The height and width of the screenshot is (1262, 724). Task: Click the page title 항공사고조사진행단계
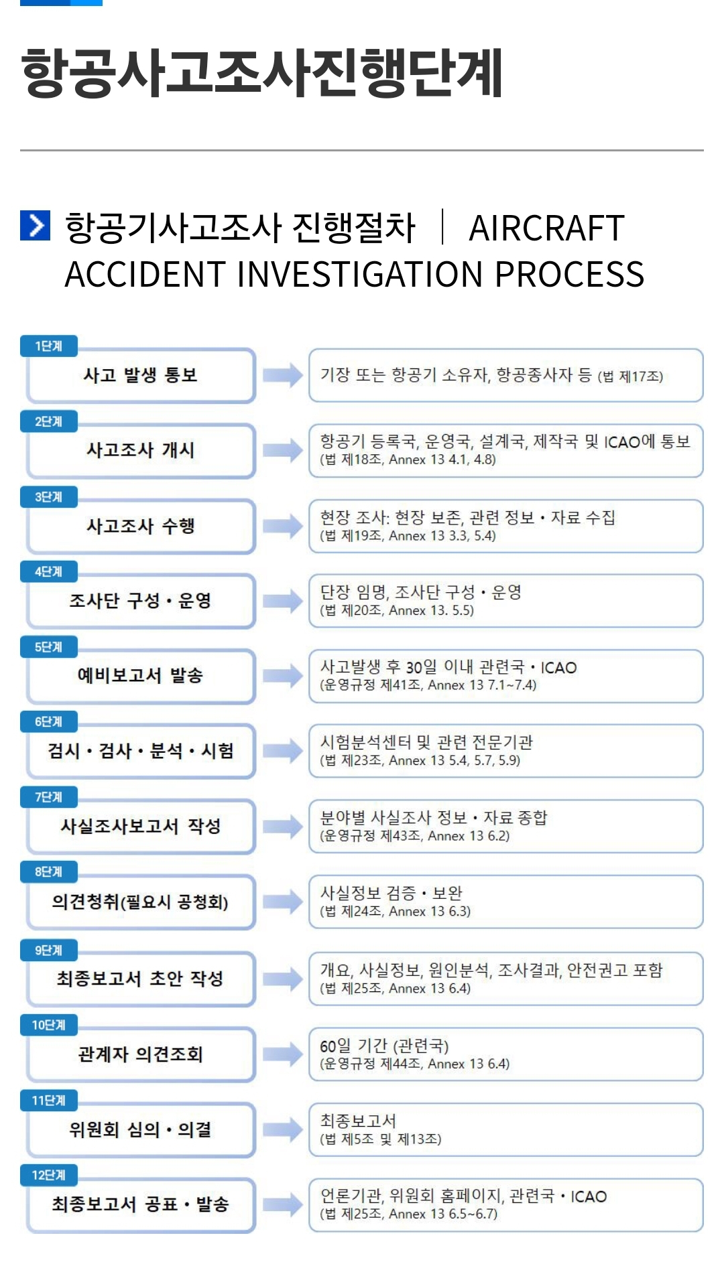point(261,72)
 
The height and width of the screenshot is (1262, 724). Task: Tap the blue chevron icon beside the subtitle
point(35,225)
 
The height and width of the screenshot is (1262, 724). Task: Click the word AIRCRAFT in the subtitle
point(546,228)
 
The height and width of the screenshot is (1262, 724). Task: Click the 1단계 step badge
point(49,346)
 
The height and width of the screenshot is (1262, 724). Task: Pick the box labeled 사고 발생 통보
point(141,375)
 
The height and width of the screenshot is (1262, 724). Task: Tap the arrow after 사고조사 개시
point(282,450)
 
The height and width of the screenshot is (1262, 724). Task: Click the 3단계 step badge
point(49,496)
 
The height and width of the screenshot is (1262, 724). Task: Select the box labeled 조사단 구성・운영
point(141,601)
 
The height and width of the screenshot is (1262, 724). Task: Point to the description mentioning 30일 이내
point(505,675)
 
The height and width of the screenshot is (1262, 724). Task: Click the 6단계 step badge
point(49,721)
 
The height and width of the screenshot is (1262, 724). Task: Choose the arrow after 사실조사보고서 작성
point(282,827)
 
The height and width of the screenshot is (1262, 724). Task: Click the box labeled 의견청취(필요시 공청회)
point(141,902)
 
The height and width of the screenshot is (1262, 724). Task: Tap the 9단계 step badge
point(49,950)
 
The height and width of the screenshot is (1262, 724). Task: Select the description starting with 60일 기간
point(505,1054)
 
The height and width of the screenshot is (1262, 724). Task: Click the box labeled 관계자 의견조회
point(141,1054)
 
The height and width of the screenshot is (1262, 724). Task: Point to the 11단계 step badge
point(49,1100)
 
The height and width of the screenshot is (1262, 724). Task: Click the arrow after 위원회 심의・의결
point(282,1130)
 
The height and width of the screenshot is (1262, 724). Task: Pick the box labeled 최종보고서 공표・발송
point(141,1204)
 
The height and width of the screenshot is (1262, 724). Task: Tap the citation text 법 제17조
point(630,376)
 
